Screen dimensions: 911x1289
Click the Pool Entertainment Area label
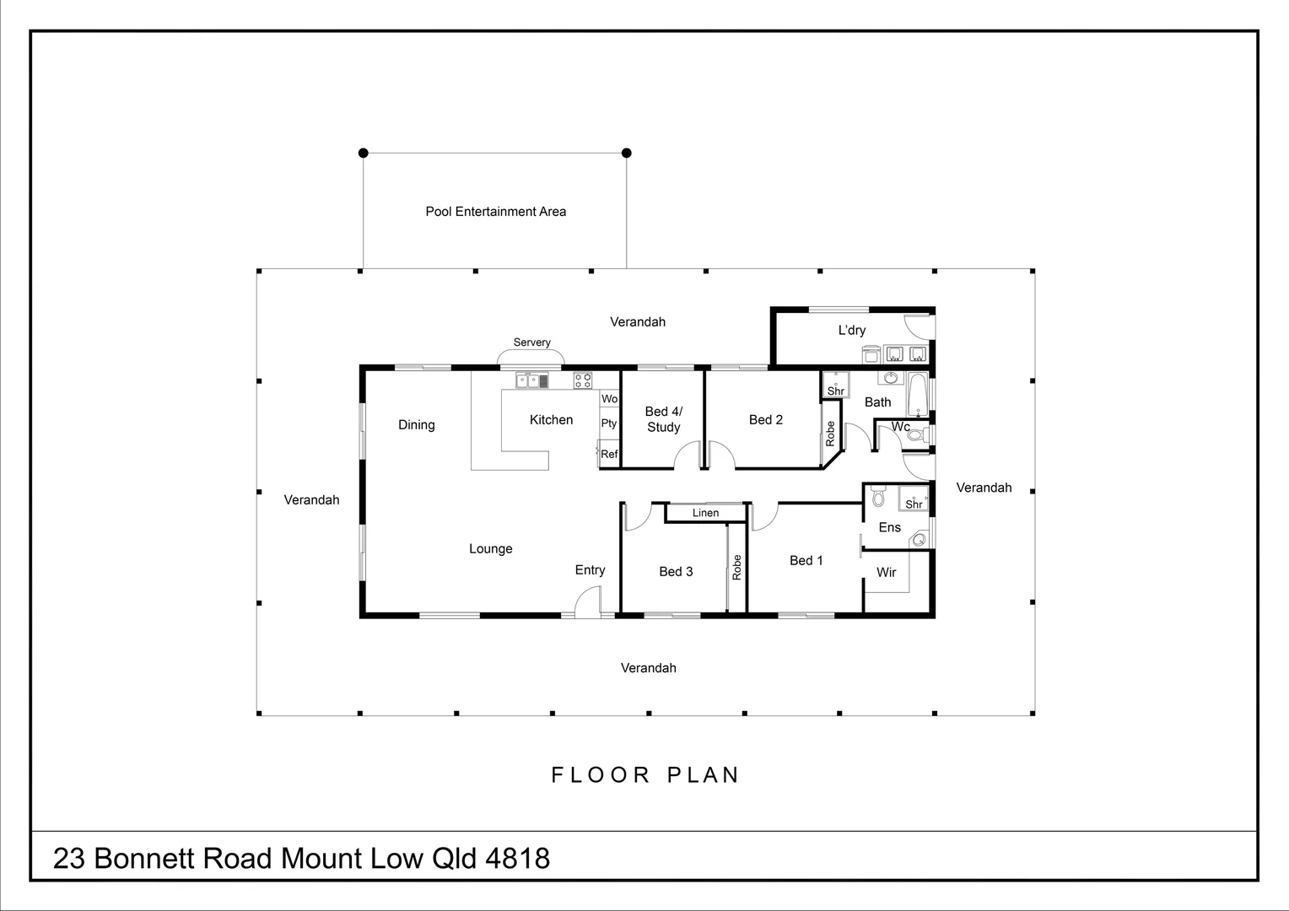(495, 212)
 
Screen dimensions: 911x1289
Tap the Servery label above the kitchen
(531, 342)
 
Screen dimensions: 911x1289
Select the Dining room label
(416, 425)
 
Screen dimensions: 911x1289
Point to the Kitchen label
(551, 420)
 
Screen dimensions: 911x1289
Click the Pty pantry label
(608, 423)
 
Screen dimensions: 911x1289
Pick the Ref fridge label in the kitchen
(608, 454)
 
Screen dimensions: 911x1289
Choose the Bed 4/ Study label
(663, 419)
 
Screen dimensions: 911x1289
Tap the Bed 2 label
(765, 420)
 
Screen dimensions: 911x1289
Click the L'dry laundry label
(851, 331)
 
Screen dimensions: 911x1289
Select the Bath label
(877, 402)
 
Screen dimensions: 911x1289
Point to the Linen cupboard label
(705, 513)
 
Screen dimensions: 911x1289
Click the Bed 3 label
(676, 572)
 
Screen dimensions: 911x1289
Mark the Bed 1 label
(806, 561)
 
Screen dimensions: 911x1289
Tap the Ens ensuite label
(889, 528)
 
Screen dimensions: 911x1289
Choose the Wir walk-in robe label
(886, 573)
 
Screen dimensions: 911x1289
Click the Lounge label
(490, 549)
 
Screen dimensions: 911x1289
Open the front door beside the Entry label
(588, 603)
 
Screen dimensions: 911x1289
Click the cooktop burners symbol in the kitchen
(583, 380)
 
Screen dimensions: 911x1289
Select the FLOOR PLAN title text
(645, 775)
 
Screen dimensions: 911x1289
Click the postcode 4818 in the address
(518, 859)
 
